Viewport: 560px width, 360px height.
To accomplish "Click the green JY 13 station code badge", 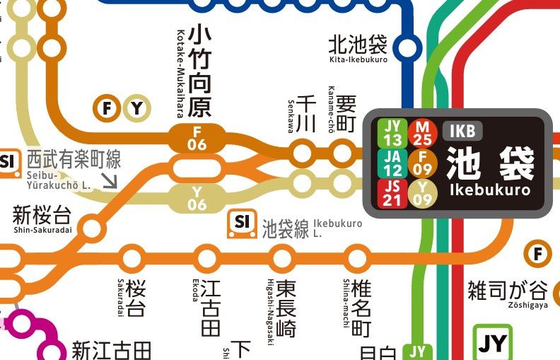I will point(394,132).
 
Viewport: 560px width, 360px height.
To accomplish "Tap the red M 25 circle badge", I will point(423,132).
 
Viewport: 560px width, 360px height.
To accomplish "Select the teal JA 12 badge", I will point(394,163).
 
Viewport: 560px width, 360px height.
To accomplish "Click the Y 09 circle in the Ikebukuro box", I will point(423,193).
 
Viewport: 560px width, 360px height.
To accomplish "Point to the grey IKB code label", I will point(463,131).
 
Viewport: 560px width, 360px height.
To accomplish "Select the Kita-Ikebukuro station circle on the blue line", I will point(407,47).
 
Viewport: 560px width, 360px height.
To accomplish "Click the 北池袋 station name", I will point(358,45).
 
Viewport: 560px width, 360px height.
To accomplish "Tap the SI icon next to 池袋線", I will point(242,224).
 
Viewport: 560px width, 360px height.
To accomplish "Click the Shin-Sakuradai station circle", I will point(92,228).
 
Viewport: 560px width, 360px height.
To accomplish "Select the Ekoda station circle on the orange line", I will point(208,257).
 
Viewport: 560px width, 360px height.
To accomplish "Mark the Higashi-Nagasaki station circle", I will point(283,257).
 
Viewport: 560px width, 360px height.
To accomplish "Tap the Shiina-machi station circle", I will point(358,257).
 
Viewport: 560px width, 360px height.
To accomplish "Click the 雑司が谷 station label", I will point(507,291).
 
